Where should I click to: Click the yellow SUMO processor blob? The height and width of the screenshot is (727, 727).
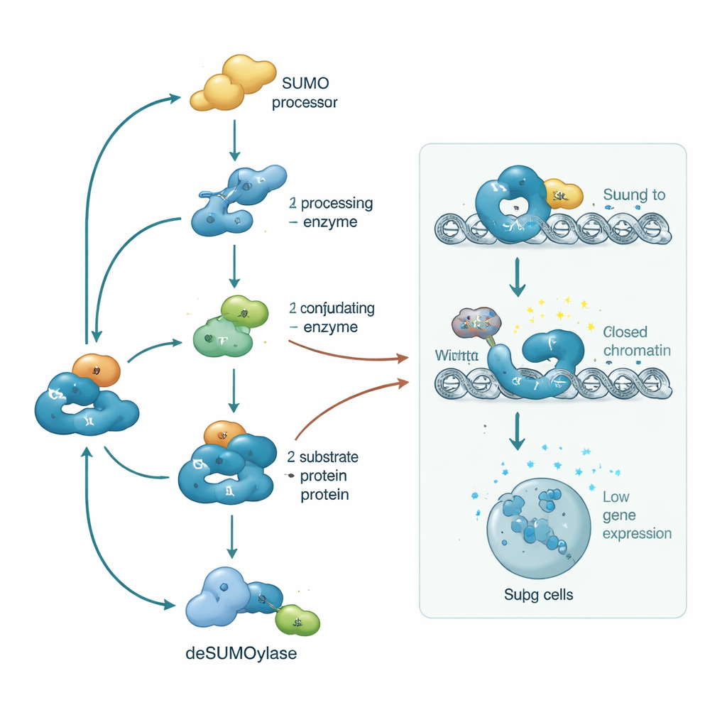(x=233, y=84)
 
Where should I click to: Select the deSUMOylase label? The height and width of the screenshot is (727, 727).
(x=241, y=654)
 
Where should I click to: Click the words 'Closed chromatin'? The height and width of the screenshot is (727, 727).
(x=636, y=341)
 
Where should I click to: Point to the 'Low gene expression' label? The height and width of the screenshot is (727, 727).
(x=636, y=515)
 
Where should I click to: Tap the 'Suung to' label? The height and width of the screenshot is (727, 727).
(x=634, y=195)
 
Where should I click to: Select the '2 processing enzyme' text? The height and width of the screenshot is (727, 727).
(x=331, y=212)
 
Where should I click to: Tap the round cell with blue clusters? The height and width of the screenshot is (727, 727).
(x=538, y=527)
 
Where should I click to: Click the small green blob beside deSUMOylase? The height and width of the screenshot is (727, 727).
(x=297, y=621)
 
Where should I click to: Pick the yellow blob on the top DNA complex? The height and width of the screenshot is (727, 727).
(x=562, y=192)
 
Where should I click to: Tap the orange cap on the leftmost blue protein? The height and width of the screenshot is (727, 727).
(x=96, y=369)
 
